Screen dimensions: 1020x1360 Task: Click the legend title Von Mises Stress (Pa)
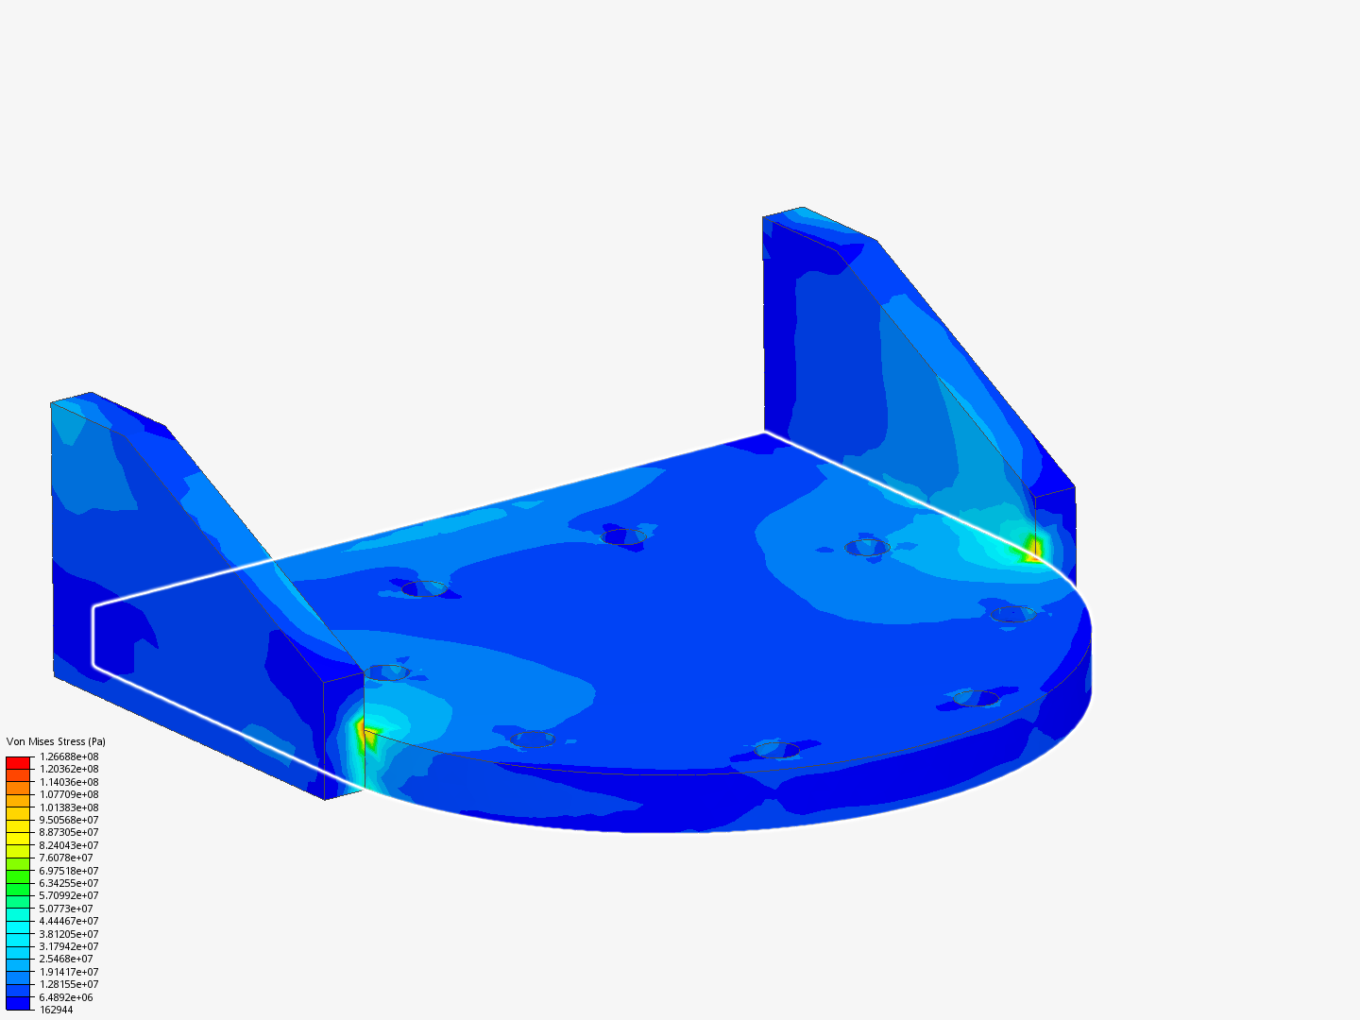click(x=56, y=741)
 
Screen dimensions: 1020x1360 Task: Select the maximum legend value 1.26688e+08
click(x=69, y=756)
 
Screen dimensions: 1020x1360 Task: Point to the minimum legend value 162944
click(x=56, y=1010)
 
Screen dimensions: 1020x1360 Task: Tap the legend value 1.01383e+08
click(x=69, y=807)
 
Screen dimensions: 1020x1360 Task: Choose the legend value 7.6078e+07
click(x=66, y=858)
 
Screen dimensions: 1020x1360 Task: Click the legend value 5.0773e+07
click(x=66, y=909)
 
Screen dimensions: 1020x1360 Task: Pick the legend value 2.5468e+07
click(x=66, y=959)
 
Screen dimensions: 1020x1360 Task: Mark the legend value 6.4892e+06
click(x=66, y=997)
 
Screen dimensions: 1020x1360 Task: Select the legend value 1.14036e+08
click(x=69, y=782)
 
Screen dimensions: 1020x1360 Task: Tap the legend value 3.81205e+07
click(x=69, y=934)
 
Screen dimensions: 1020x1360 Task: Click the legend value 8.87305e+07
click(x=69, y=832)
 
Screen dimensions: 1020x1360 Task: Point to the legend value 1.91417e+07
click(x=69, y=972)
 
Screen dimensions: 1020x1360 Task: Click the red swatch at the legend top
click(x=18, y=762)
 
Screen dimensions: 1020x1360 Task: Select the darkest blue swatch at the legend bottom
click(x=18, y=1003)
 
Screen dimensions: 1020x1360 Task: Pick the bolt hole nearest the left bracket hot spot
click(x=386, y=672)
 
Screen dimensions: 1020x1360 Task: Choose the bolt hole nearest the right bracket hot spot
click(x=866, y=547)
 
